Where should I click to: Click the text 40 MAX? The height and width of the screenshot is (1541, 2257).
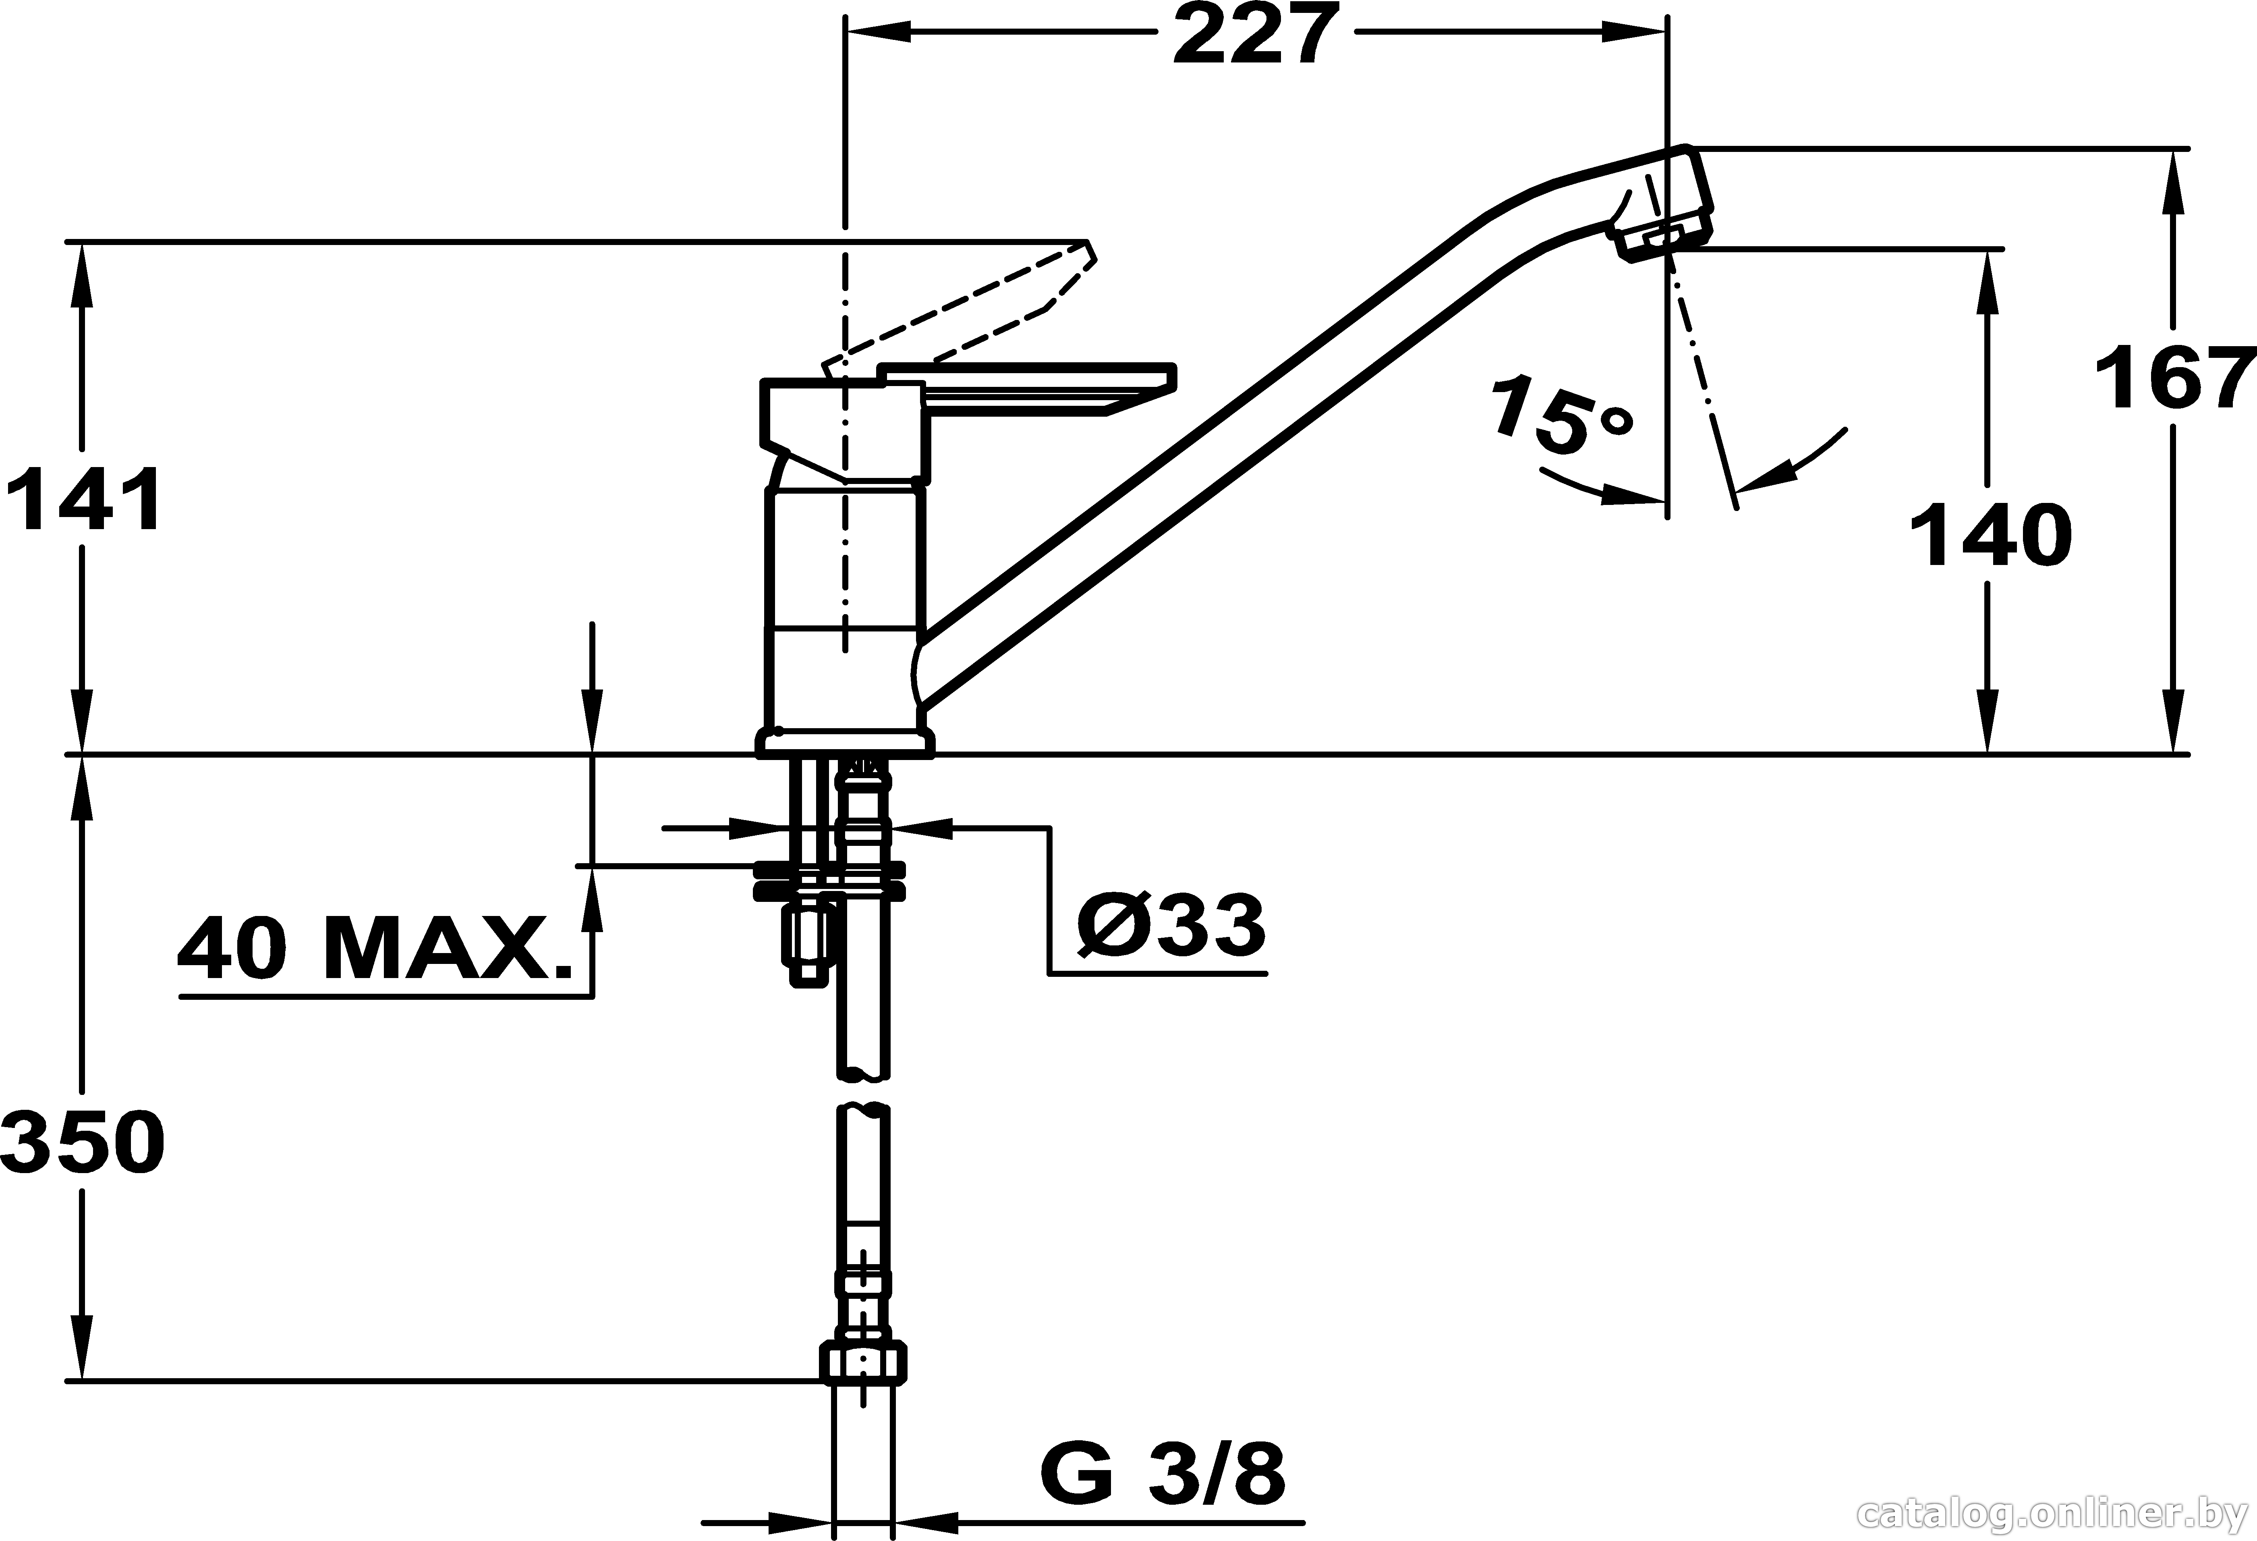(374, 947)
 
